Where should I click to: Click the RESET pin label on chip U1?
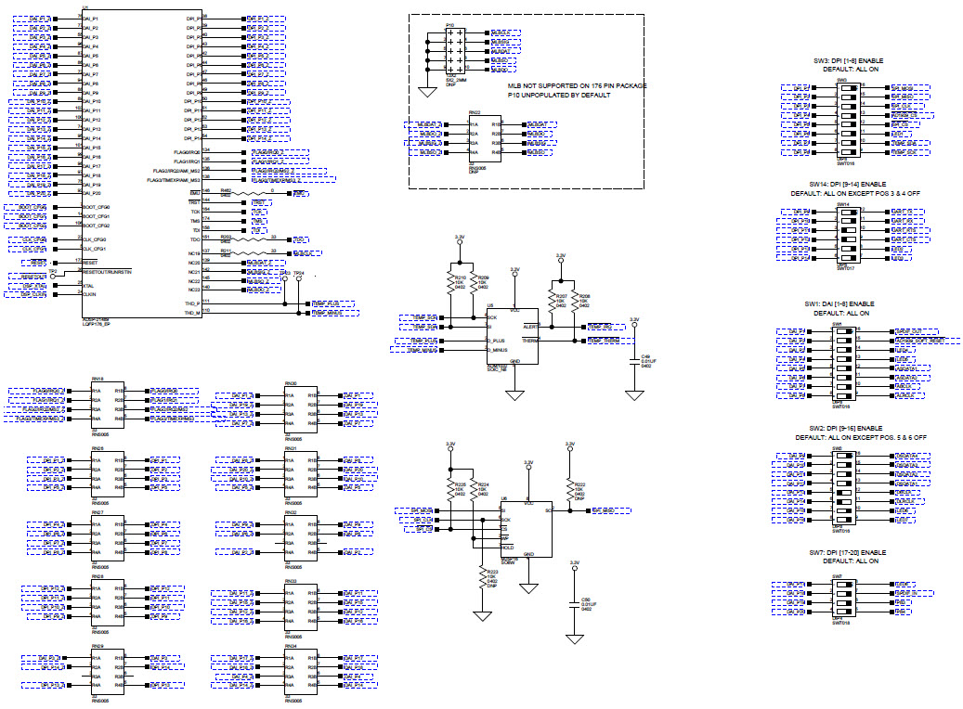pos(91,263)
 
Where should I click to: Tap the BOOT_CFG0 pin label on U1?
pos(97,207)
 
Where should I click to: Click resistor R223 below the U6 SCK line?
pos(482,577)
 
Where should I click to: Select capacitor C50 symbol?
pos(574,604)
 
